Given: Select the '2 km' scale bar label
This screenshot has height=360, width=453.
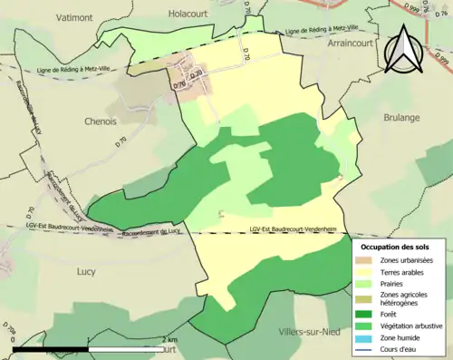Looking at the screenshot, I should (169, 340).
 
